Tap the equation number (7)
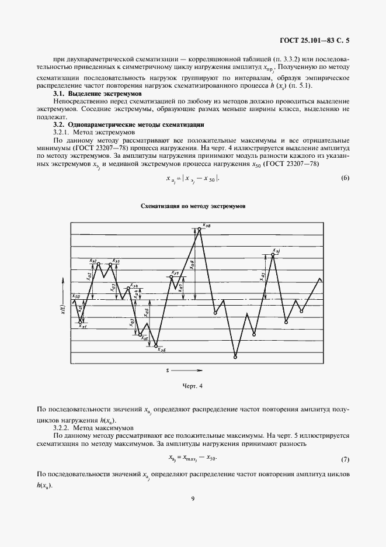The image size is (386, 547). (x=345, y=459)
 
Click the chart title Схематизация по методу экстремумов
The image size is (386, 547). (x=193, y=207)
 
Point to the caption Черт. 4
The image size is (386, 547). (x=193, y=386)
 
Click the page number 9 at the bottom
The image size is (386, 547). (x=193, y=498)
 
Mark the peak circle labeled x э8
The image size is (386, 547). (x=200, y=229)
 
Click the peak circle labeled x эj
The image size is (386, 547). (x=273, y=255)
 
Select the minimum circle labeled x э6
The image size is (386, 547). (x=156, y=346)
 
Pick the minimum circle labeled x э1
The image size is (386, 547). (x=81, y=321)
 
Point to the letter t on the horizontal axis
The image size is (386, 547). (x=168, y=371)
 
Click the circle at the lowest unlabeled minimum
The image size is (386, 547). (x=235, y=357)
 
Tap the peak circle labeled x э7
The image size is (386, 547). (x=172, y=277)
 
